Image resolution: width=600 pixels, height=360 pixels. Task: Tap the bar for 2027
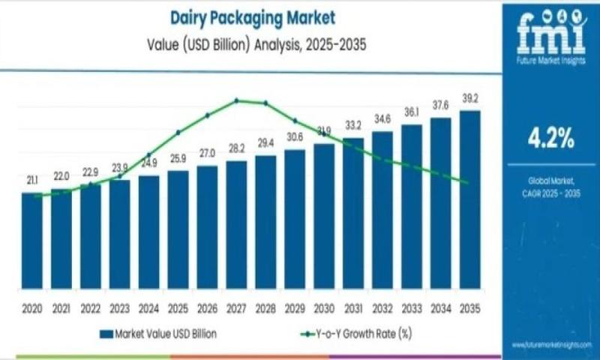tap(236, 225)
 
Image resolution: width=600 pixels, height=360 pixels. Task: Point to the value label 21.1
tap(32, 181)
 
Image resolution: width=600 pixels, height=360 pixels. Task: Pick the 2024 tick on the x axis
tap(148, 308)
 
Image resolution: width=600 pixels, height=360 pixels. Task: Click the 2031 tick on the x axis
tap(353, 308)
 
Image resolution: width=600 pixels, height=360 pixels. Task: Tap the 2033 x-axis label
tap(412, 308)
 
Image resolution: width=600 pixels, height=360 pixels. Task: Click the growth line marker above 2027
tap(236, 100)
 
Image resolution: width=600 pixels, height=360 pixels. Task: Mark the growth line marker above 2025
tap(178, 133)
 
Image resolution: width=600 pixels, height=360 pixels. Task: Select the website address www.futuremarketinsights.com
tap(552, 345)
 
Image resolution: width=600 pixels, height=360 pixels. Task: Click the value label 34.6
tap(382, 119)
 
